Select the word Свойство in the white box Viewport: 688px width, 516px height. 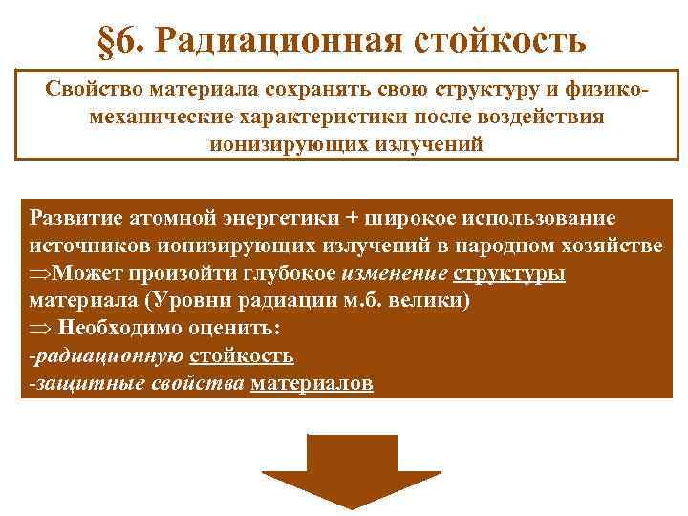point(89,90)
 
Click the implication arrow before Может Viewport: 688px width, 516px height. point(40,273)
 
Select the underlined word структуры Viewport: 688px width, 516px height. point(509,273)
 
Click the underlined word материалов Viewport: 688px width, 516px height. point(311,384)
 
